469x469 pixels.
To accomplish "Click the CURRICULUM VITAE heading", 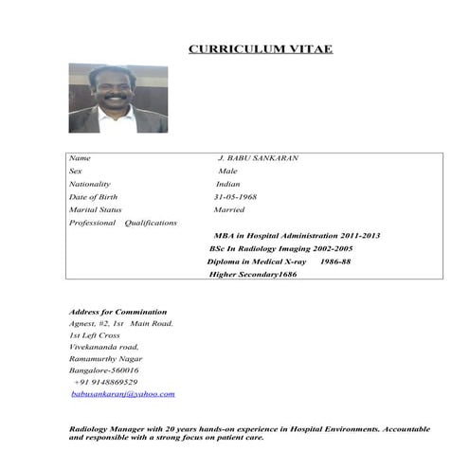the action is tap(261, 48).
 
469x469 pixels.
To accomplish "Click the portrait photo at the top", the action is tap(117, 99).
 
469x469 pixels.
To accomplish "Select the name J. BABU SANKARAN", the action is tap(258, 157).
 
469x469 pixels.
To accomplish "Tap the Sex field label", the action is tap(77, 171).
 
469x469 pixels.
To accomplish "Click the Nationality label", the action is tap(90, 184).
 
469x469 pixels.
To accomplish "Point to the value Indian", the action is tap(228, 184).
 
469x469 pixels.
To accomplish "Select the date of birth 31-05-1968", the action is tap(235, 197).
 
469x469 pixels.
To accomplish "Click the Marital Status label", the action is tap(96, 209).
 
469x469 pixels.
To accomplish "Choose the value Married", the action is tap(229, 209).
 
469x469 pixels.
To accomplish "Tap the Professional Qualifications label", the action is tap(123, 223).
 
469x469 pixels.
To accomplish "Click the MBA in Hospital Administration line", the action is tap(297, 235).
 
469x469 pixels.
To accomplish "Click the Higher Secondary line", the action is tap(253, 274).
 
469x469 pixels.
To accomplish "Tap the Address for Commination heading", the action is tap(118, 312).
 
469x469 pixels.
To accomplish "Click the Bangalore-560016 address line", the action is tap(104, 370).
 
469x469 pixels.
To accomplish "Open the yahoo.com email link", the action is tap(124, 393).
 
